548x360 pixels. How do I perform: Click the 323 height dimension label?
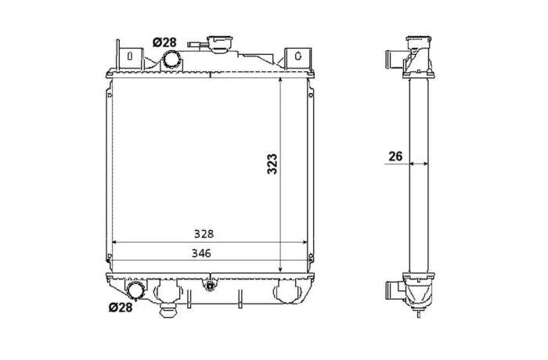pyautogui.click(x=272, y=164)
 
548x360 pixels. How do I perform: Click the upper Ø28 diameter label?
pyautogui.click(x=164, y=42)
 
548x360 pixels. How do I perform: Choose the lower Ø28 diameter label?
pyautogui.click(x=121, y=308)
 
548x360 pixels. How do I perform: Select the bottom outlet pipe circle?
pyautogui.click(x=135, y=290)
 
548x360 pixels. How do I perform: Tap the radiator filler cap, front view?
pyautogui.click(x=219, y=44)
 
